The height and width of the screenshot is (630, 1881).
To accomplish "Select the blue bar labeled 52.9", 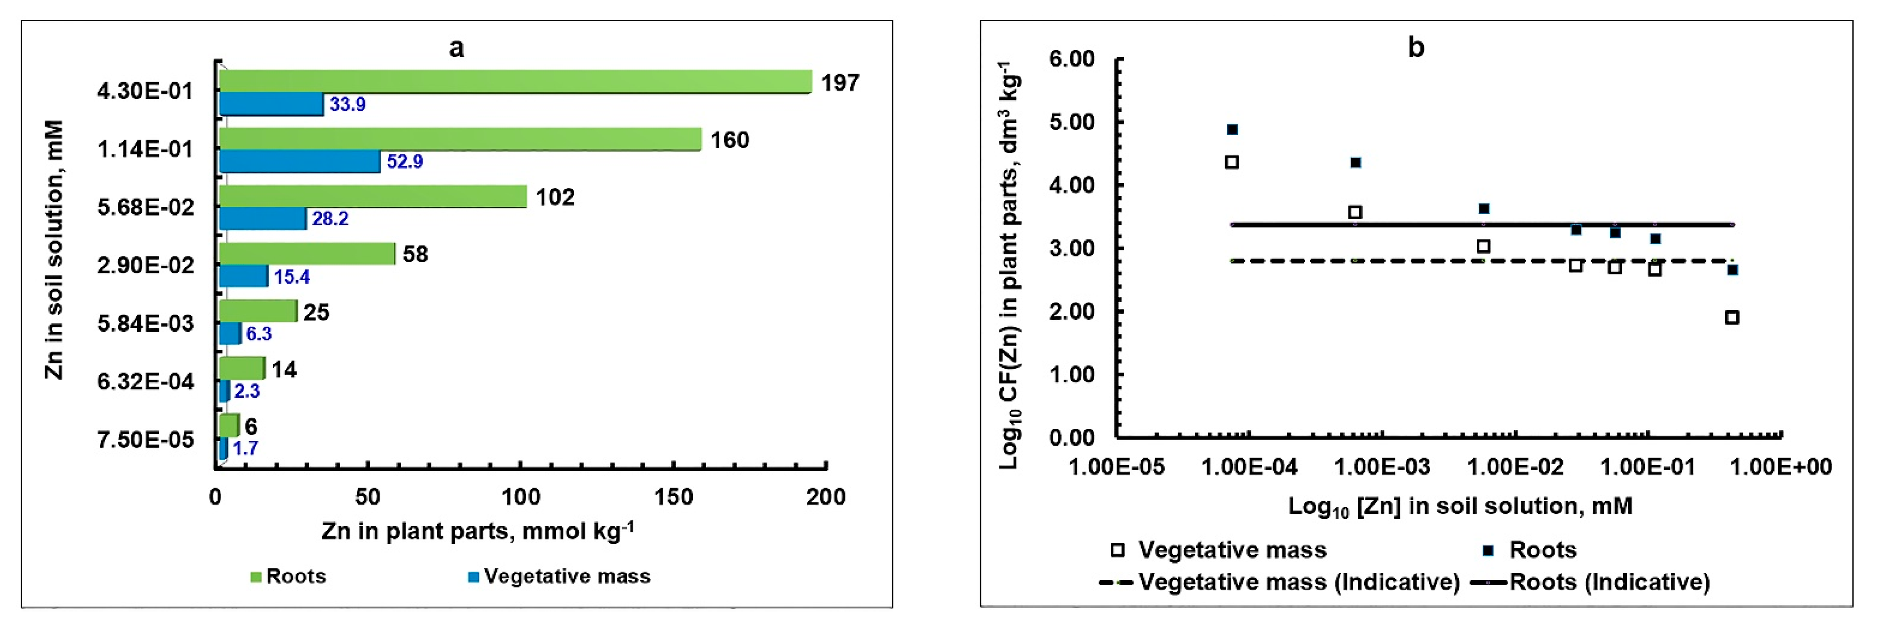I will click(x=300, y=161).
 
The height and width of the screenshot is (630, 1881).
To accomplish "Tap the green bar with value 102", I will click(x=373, y=196).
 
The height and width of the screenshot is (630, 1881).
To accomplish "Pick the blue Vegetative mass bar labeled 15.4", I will click(x=244, y=276).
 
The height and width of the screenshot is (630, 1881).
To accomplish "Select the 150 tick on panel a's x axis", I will click(x=673, y=497).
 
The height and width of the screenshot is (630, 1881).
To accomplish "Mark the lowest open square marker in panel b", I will click(x=1731, y=318).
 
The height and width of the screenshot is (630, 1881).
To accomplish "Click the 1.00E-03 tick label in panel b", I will click(x=1382, y=466).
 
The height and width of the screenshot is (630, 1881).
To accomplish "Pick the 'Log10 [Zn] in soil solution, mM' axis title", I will click(x=1459, y=506).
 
